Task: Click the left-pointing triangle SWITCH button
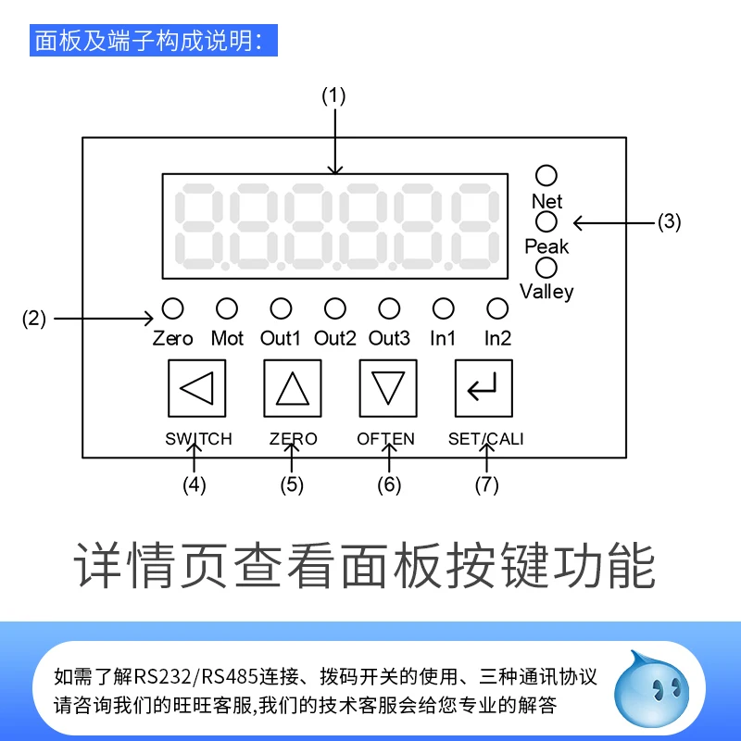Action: (x=196, y=387)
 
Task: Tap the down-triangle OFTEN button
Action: (x=388, y=387)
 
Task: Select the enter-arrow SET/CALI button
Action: (x=484, y=387)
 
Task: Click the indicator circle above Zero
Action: (x=173, y=308)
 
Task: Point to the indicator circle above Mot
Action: (x=227, y=308)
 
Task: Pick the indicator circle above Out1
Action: (x=281, y=308)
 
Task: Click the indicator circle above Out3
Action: (x=389, y=308)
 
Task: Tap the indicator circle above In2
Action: (x=497, y=308)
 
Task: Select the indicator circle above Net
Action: (x=546, y=176)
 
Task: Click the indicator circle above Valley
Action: (x=546, y=268)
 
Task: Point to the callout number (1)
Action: (x=333, y=94)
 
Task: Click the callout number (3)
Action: (x=669, y=222)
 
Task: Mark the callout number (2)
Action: (x=33, y=320)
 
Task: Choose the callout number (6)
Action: (x=388, y=484)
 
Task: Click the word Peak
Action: (x=546, y=246)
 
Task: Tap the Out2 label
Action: (x=334, y=338)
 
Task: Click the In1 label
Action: (x=444, y=338)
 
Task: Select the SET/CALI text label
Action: (x=485, y=439)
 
